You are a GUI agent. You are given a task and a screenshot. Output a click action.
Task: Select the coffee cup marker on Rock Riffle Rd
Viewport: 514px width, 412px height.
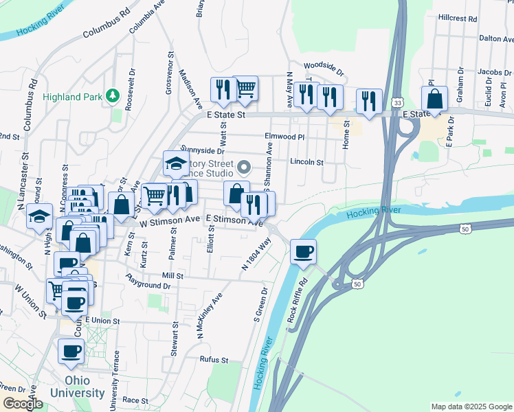click(x=303, y=251)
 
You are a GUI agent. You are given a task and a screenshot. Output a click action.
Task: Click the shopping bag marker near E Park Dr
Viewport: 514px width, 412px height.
click(x=434, y=99)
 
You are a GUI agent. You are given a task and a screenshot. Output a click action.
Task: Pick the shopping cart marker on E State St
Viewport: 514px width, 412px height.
click(x=245, y=88)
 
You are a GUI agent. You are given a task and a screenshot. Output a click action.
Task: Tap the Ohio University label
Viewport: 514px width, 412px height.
click(x=85, y=387)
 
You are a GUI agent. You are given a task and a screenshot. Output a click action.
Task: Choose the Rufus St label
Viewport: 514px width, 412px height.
click(x=214, y=360)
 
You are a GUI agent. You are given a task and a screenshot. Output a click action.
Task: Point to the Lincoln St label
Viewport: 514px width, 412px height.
click(x=306, y=163)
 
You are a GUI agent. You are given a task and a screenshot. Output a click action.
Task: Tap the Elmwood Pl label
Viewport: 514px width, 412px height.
click(x=284, y=137)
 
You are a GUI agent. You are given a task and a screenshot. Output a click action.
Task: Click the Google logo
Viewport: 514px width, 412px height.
click(x=23, y=404)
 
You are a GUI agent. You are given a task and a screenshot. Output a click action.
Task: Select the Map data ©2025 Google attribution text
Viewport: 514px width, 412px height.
click(x=471, y=407)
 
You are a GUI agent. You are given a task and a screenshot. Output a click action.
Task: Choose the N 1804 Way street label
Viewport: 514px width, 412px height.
click(x=255, y=253)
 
